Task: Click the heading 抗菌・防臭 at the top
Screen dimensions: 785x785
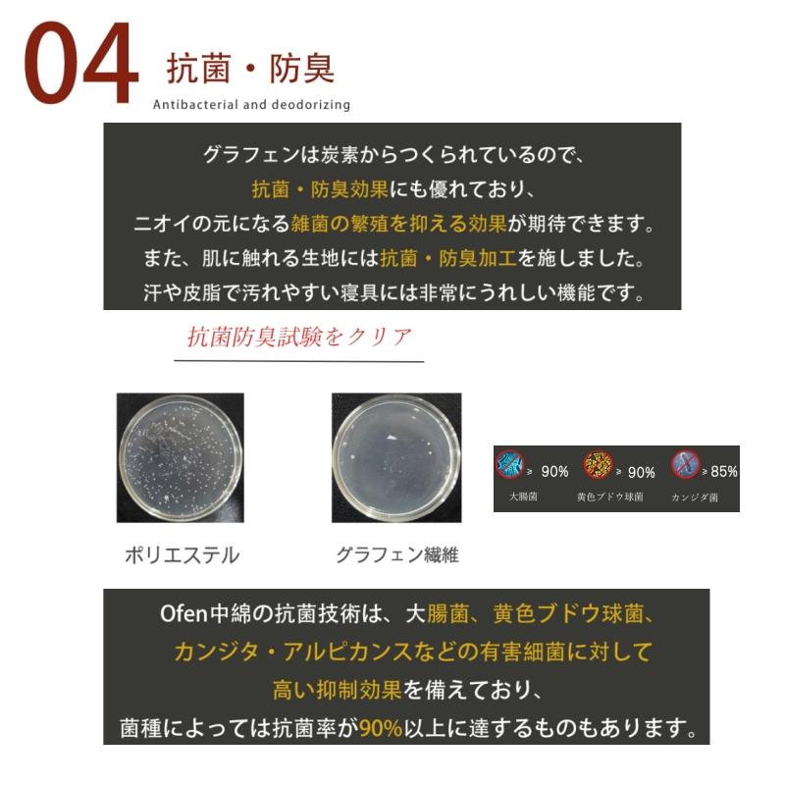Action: pyautogui.click(x=251, y=69)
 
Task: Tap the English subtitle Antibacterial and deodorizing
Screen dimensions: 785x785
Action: pyautogui.click(x=251, y=105)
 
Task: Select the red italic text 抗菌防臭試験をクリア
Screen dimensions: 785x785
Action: pyautogui.click(x=299, y=337)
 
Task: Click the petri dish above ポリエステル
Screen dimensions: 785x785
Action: pyautogui.click(x=181, y=457)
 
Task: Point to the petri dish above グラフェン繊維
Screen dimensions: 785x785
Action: pyautogui.click(x=395, y=456)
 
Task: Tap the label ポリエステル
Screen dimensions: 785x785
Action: pyautogui.click(x=182, y=555)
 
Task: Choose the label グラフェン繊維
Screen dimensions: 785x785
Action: pyautogui.click(x=396, y=555)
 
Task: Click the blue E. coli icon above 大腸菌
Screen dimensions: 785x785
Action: pyautogui.click(x=509, y=464)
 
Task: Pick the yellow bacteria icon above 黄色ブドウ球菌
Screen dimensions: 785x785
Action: pyautogui.click(x=598, y=464)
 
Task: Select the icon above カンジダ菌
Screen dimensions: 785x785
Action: pyautogui.click(x=685, y=464)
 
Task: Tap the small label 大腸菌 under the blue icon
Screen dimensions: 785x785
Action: pyautogui.click(x=523, y=497)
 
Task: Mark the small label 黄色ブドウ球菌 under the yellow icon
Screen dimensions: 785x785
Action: pyautogui.click(x=610, y=497)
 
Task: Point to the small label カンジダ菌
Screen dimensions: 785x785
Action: pyautogui.click(x=695, y=497)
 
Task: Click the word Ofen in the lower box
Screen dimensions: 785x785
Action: pyautogui.click(x=183, y=615)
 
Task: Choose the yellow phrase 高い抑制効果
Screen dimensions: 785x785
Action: pyautogui.click(x=338, y=690)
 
